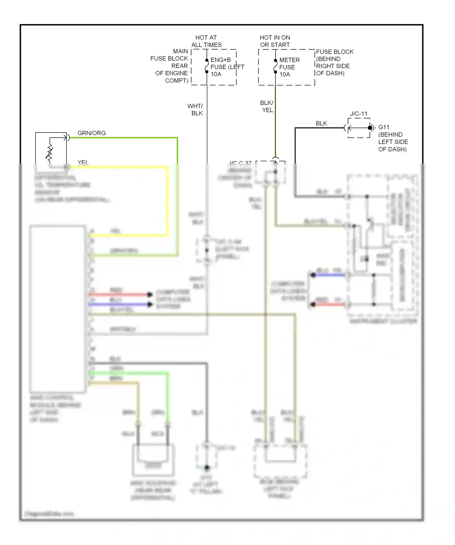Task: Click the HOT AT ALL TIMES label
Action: [x=206, y=41]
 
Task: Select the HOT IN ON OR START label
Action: [x=275, y=41]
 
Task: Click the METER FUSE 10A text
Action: [x=289, y=67]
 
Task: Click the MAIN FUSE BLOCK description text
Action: [x=170, y=66]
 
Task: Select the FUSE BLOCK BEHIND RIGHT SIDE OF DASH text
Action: [x=334, y=62]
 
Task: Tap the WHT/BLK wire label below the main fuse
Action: [x=195, y=109]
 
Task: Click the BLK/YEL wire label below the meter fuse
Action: [x=267, y=106]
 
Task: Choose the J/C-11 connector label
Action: [x=359, y=114]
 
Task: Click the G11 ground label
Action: [x=384, y=127]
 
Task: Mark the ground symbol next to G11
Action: [x=372, y=128]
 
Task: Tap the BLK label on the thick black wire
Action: [x=321, y=123]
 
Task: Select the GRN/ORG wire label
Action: [x=92, y=133]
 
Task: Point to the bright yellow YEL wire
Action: [x=167, y=200]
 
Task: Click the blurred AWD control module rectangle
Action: [x=57, y=309]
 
